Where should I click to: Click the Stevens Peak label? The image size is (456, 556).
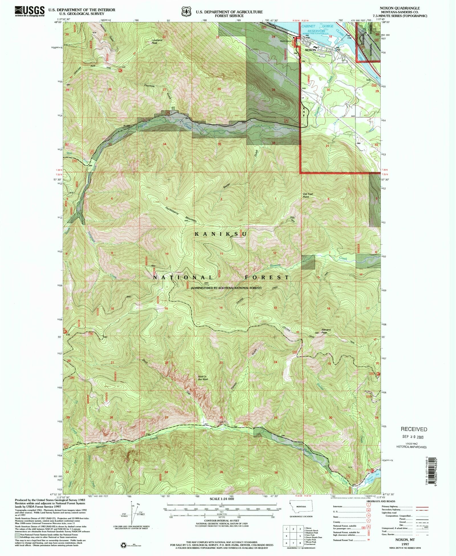pos(326,331)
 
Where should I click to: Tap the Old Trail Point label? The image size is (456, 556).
pos(308,195)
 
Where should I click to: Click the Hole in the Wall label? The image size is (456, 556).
pos(203,378)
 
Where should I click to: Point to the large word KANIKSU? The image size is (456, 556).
pos(220,234)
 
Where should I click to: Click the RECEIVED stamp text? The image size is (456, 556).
pos(414,429)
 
